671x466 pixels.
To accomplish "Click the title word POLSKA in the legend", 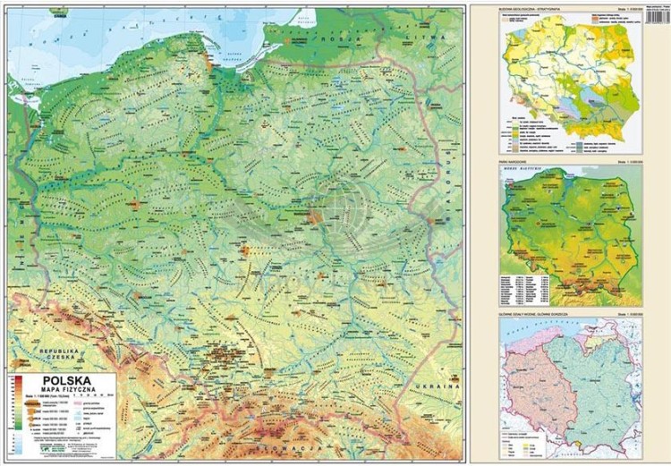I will click(66, 379).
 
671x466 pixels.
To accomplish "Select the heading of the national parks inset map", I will click(515, 162).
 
